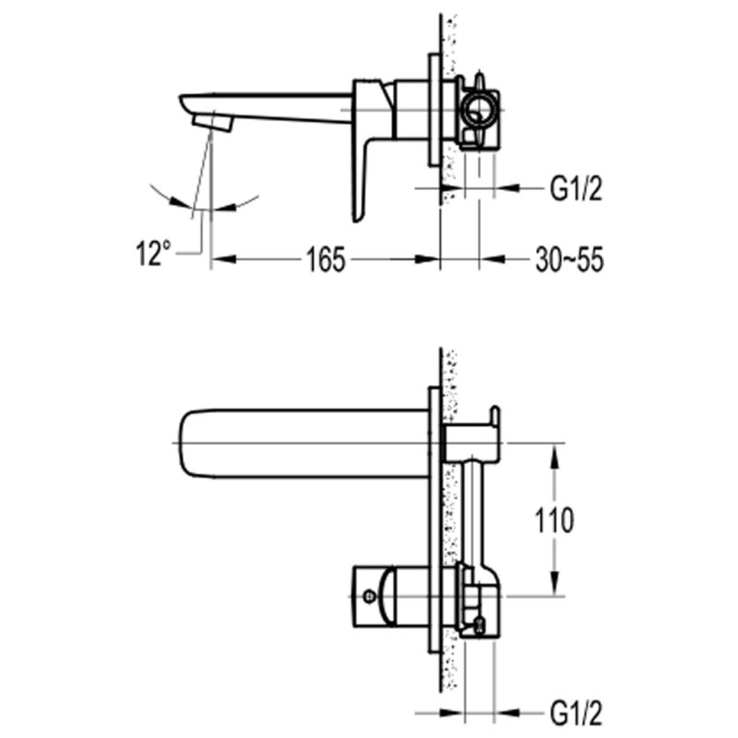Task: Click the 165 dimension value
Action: [x=326, y=259]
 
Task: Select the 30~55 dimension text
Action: [x=569, y=259]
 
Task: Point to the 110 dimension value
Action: [x=554, y=520]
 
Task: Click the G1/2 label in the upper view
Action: [x=576, y=188]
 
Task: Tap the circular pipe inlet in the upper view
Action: [x=479, y=110]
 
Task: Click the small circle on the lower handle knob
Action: [x=370, y=597]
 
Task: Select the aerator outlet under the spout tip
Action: [x=213, y=124]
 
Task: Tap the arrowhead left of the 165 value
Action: [x=223, y=259]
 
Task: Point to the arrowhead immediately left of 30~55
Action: [x=492, y=259]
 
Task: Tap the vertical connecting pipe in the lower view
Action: [x=472, y=512]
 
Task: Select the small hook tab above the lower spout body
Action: [x=494, y=415]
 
